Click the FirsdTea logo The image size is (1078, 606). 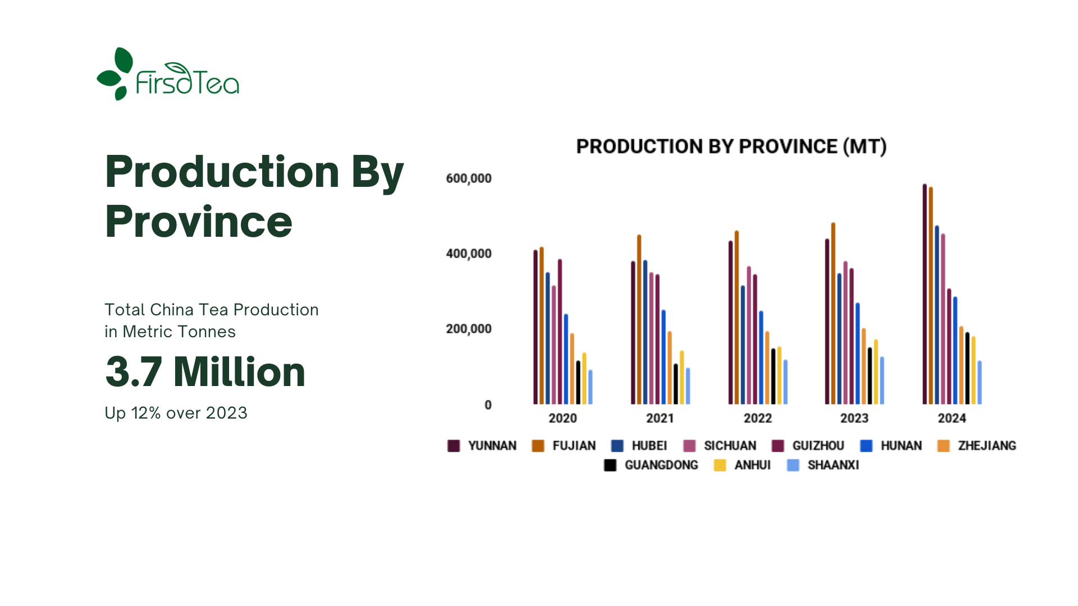168,74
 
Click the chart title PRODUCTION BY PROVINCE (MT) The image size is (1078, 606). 731,146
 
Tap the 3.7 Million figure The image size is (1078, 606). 205,372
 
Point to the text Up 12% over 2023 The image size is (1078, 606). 176,413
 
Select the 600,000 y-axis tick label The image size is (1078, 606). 469,178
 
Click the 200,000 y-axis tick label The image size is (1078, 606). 469,329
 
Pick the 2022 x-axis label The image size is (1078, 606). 758,418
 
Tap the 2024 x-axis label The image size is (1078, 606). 952,418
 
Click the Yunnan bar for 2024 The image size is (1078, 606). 925,294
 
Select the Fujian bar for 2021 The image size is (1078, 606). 639,319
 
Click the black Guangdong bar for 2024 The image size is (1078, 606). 967,368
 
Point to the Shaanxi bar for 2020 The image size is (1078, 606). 590,387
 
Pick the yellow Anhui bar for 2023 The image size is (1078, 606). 876,372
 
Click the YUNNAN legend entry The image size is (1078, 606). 482,446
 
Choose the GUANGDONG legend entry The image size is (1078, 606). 651,465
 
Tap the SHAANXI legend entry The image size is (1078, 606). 823,465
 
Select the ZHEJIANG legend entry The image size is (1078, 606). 977,446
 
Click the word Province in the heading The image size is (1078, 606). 199,222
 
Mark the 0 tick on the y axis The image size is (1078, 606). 488,405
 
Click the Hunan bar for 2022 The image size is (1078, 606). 761,357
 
